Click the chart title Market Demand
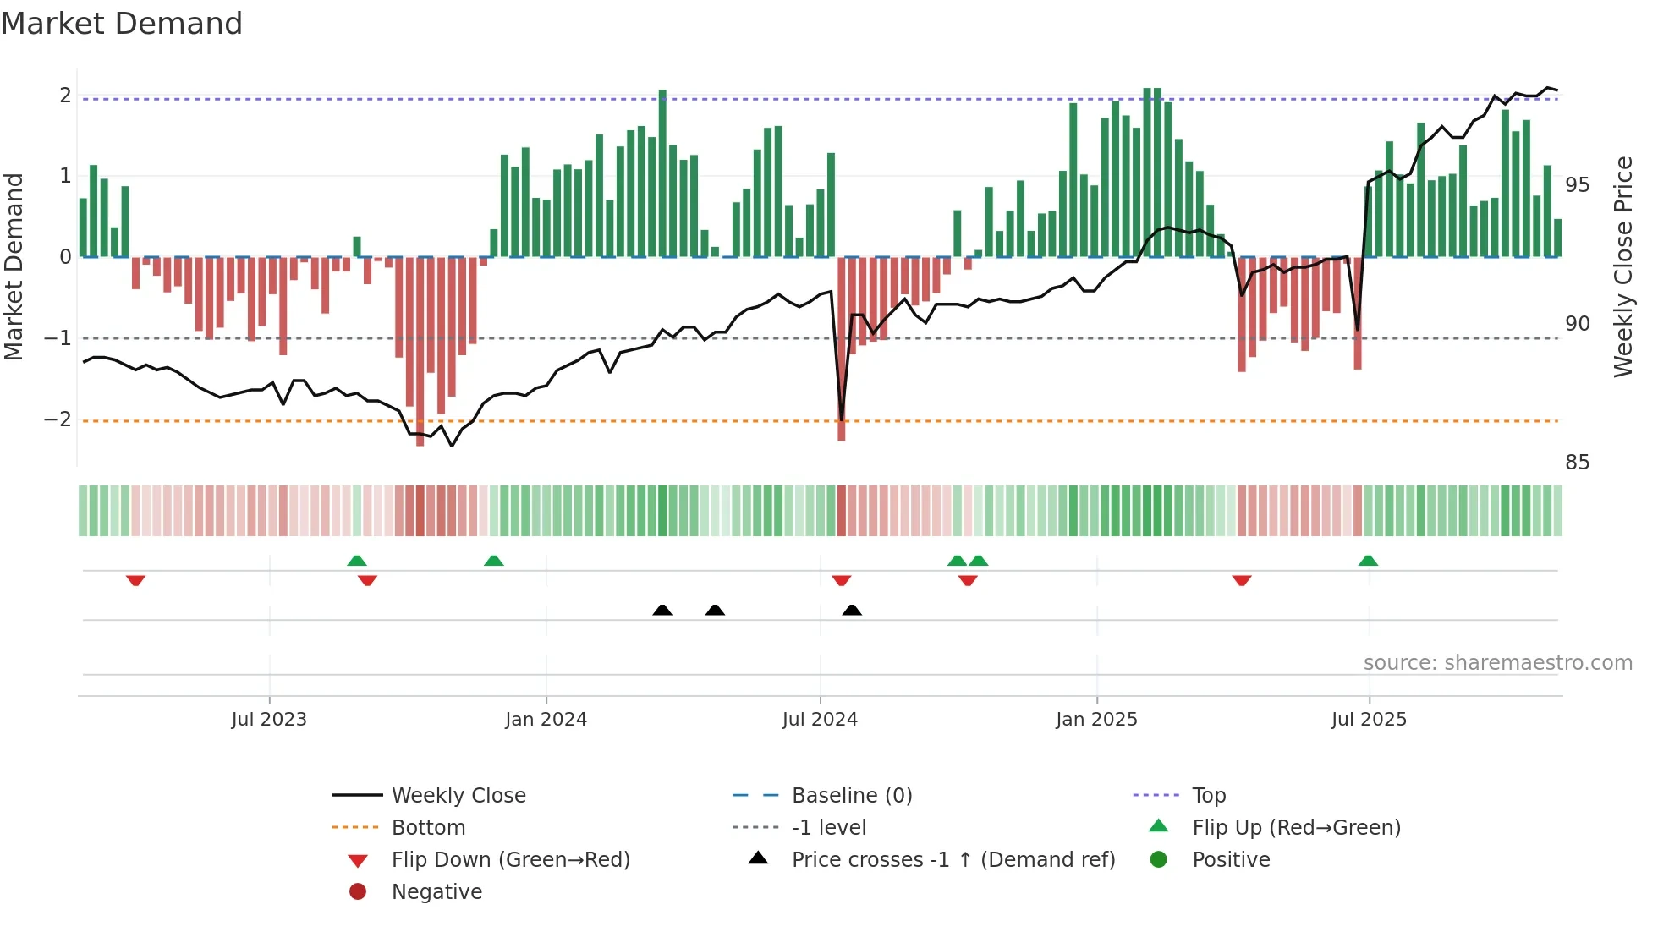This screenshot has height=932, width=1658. click(x=122, y=24)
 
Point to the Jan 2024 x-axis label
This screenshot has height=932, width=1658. click(x=546, y=719)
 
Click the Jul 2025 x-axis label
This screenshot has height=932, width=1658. click(x=1368, y=719)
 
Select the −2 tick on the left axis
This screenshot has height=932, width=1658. click(x=58, y=419)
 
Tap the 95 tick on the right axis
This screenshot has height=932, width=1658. click(x=1577, y=184)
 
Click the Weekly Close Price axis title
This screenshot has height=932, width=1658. click(x=1622, y=266)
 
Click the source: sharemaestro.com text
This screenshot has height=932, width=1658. click(x=1497, y=662)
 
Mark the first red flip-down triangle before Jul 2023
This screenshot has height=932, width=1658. click(x=135, y=580)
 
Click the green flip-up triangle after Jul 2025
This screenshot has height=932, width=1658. click(x=1368, y=561)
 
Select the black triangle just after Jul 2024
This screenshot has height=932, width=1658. click(x=852, y=610)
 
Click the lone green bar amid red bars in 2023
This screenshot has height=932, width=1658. click(x=357, y=246)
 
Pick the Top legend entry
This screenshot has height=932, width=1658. click(x=1208, y=795)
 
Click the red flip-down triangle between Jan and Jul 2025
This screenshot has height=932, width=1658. click(x=1241, y=580)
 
